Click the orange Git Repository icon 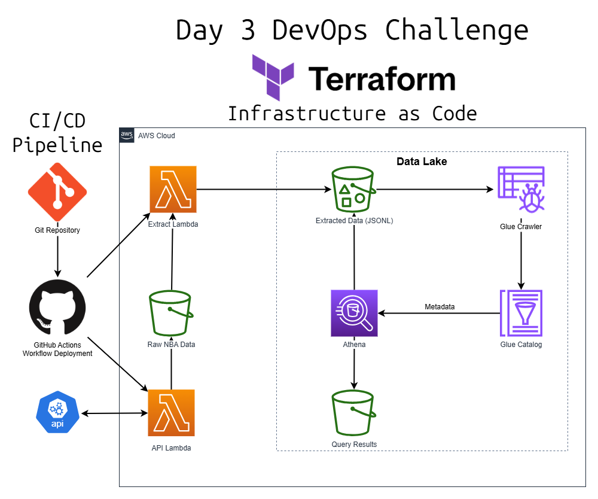click(x=57, y=192)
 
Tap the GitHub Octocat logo click(x=57, y=308)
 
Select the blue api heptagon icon click(x=57, y=413)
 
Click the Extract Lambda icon click(x=173, y=189)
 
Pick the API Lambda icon click(x=172, y=413)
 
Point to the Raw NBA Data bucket click(x=171, y=313)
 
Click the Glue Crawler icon click(x=521, y=190)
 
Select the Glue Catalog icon click(x=521, y=312)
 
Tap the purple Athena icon click(x=355, y=313)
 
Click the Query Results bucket click(x=353, y=413)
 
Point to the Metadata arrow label click(x=440, y=307)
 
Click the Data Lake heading click(x=422, y=162)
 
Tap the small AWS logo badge click(x=127, y=135)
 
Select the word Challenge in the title click(x=456, y=30)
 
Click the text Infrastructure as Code click(x=352, y=113)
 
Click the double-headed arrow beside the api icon click(x=115, y=413)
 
